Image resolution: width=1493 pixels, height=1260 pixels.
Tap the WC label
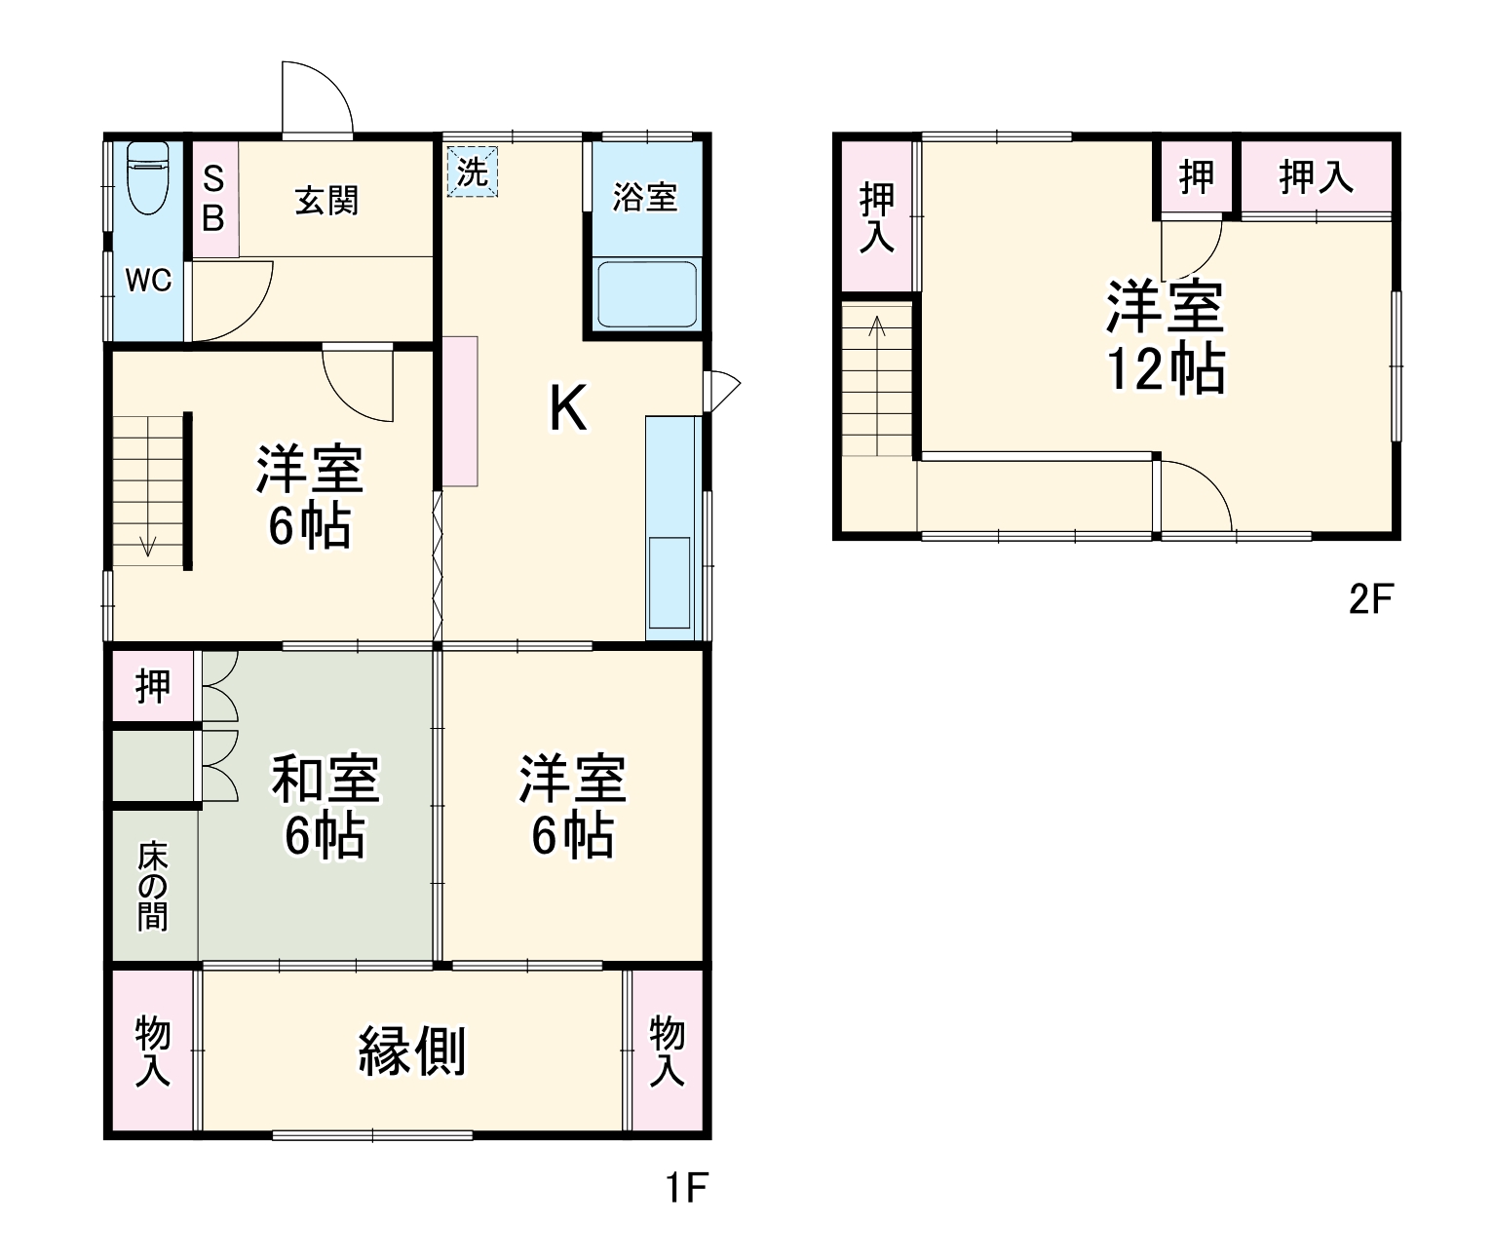tap(148, 281)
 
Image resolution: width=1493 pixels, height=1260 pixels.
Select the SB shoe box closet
tap(214, 200)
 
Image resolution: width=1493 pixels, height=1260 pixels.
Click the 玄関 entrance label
tap(326, 201)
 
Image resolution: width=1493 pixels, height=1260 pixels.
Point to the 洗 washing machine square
tap(473, 172)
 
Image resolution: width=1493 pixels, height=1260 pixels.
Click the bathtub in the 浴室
tap(647, 293)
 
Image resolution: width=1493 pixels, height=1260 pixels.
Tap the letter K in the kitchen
tap(568, 408)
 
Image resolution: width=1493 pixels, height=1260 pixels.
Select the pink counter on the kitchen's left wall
tap(460, 411)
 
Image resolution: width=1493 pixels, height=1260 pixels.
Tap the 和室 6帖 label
tap(325, 806)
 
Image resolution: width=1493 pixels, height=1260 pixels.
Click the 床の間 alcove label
tap(153, 886)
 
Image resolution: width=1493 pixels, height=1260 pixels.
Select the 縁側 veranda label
tap(412, 1050)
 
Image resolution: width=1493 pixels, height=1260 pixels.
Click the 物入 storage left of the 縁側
tap(153, 1050)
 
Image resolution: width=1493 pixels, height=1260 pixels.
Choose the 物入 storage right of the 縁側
tap(668, 1050)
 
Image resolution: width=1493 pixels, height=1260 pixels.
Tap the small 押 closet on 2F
tap(1197, 177)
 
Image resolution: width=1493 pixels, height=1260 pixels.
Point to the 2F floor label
tap(1371, 599)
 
